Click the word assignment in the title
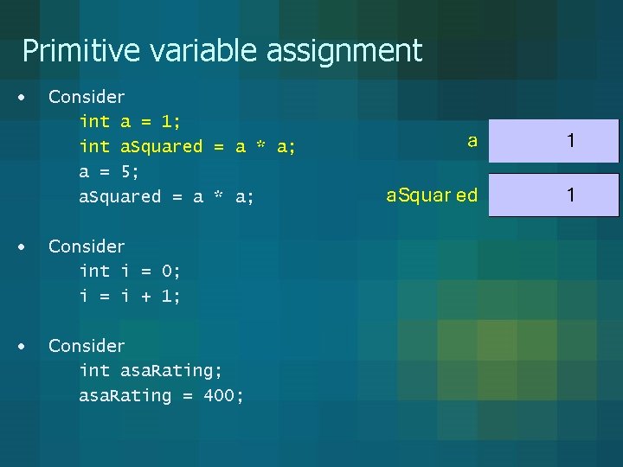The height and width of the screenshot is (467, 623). [344, 51]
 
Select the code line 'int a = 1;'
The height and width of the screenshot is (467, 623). [129, 122]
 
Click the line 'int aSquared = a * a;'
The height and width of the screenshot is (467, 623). [187, 147]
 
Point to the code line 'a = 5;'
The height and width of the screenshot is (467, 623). [109, 171]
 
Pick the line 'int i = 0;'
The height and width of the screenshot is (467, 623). [130, 272]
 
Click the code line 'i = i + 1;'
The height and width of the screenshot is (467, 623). [130, 297]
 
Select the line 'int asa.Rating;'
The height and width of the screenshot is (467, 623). [151, 371]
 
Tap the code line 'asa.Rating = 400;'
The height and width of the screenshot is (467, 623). [161, 396]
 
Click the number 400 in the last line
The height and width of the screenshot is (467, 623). [223, 396]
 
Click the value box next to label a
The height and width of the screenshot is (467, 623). [554, 141]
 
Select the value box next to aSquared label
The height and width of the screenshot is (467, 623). [554, 195]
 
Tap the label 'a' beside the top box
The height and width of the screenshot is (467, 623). [472, 141]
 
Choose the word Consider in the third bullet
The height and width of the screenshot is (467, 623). [87, 346]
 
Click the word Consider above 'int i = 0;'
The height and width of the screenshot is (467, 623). [87, 246]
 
